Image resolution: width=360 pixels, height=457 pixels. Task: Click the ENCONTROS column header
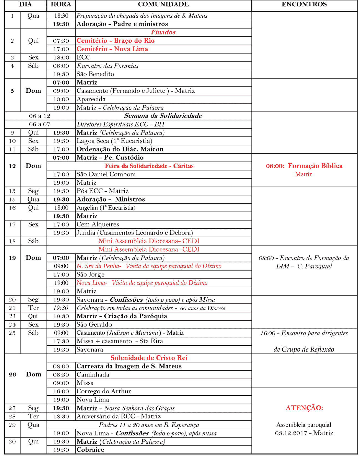304,4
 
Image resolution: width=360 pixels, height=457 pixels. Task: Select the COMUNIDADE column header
163,4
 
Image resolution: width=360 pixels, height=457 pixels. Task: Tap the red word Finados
163,32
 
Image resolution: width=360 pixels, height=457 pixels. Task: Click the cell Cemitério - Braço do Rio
115,41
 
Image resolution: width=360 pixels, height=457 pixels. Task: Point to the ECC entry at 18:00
84,57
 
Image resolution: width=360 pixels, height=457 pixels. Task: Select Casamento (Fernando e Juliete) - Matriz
136,91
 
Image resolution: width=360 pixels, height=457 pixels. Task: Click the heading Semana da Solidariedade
163,116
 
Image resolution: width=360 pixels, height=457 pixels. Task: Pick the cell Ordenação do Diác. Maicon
120,149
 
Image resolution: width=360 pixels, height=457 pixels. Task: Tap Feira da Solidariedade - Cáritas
149,166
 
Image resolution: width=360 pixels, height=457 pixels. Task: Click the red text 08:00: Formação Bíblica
304,166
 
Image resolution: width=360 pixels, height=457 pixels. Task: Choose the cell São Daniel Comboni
106,174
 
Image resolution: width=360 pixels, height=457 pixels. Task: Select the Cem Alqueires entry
98,224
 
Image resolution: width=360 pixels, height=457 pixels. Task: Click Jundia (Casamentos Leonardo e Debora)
135,233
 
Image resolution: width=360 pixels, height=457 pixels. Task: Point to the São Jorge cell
91,275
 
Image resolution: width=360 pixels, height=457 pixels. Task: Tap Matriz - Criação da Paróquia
122,316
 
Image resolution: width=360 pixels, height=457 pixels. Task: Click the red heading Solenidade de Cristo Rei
149,358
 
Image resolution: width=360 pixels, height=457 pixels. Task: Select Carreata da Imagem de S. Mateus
129,366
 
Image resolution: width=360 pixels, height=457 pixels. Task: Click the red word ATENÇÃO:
304,408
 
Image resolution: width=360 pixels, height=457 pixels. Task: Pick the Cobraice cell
91,450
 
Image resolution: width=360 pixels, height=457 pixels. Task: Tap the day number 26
12,375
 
